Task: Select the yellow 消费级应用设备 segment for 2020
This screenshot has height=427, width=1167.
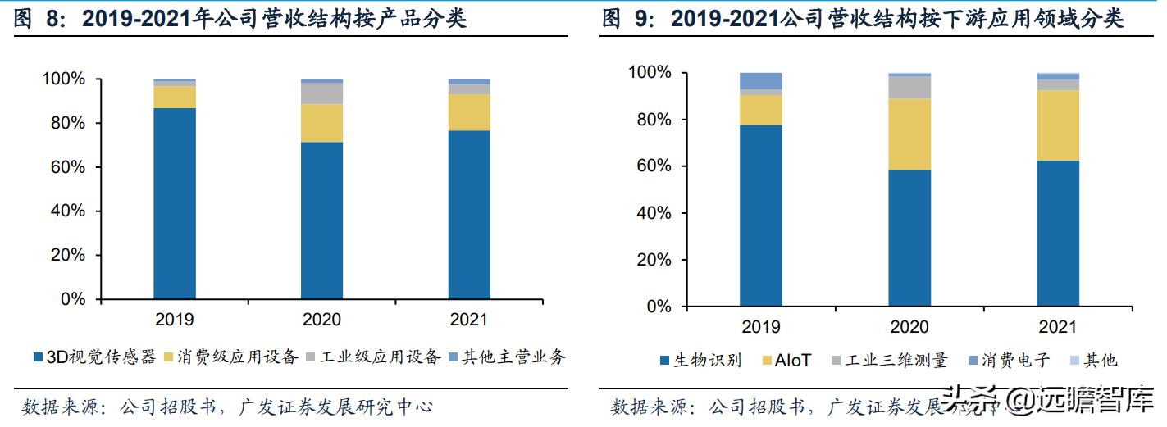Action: coord(321,123)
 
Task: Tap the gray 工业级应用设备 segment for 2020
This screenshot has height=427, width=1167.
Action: coord(321,93)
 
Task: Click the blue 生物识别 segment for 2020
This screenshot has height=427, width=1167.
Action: coord(909,238)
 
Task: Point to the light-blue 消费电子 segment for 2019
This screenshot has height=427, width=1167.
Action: coord(760,80)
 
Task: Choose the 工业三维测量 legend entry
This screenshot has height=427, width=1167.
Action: coord(889,361)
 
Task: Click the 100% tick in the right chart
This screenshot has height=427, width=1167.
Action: coord(650,73)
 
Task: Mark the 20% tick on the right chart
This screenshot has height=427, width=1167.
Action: coord(654,260)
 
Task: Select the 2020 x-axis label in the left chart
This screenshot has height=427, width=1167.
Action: coord(321,320)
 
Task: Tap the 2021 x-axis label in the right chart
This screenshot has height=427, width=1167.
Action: coord(1057,327)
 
